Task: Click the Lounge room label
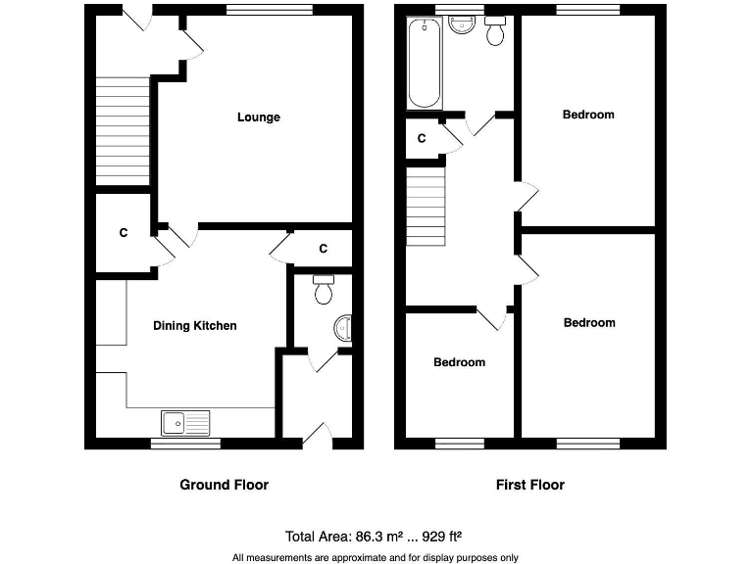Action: tap(258, 117)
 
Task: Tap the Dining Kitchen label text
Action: tap(194, 326)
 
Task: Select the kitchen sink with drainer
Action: tap(185, 423)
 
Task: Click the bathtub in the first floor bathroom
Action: tap(425, 68)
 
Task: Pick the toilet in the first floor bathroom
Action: tap(496, 31)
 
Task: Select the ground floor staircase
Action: tap(123, 129)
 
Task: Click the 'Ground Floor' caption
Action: tap(224, 485)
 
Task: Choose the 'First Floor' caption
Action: tap(530, 485)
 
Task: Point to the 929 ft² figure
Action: tap(441, 537)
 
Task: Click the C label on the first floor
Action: tap(422, 139)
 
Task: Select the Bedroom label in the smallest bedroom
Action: tap(459, 362)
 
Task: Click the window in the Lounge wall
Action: tap(269, 11)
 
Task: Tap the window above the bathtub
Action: tap(460, 11)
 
